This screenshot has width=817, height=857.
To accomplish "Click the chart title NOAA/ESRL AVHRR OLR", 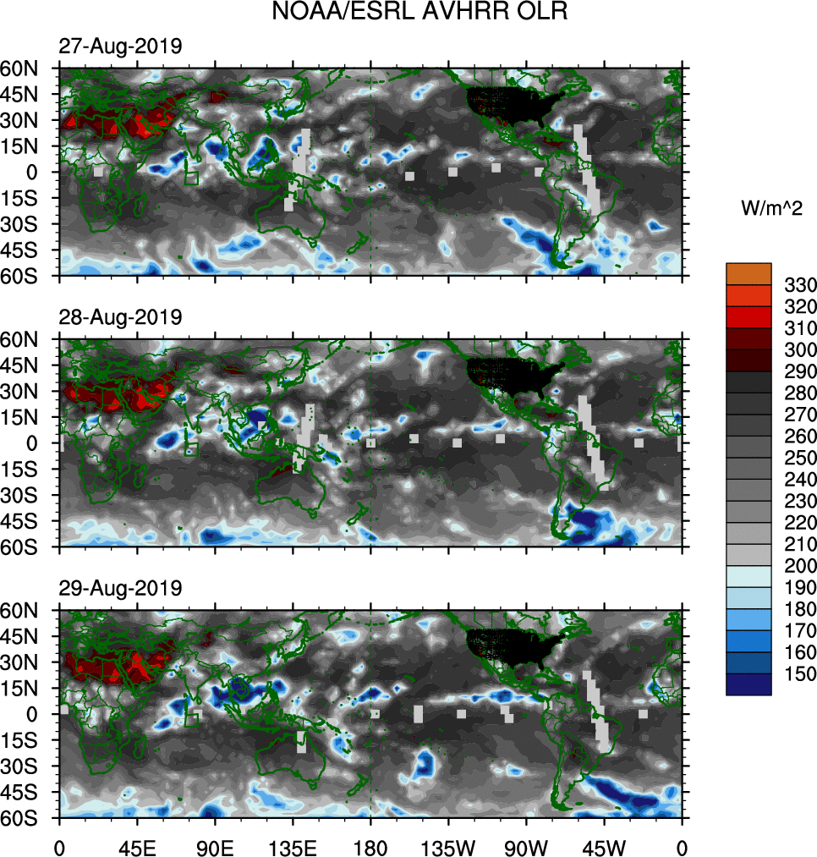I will (x=408, y=13).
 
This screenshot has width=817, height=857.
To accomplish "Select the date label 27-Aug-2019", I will (x=119, y=47).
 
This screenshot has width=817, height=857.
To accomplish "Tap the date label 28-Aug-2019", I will (x=119, y=317).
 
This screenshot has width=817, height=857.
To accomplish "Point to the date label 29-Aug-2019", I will (x=119, y=588).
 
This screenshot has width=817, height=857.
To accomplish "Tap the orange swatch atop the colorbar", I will (x=748, y=272).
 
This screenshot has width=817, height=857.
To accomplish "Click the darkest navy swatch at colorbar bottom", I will (x=748, y=684).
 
